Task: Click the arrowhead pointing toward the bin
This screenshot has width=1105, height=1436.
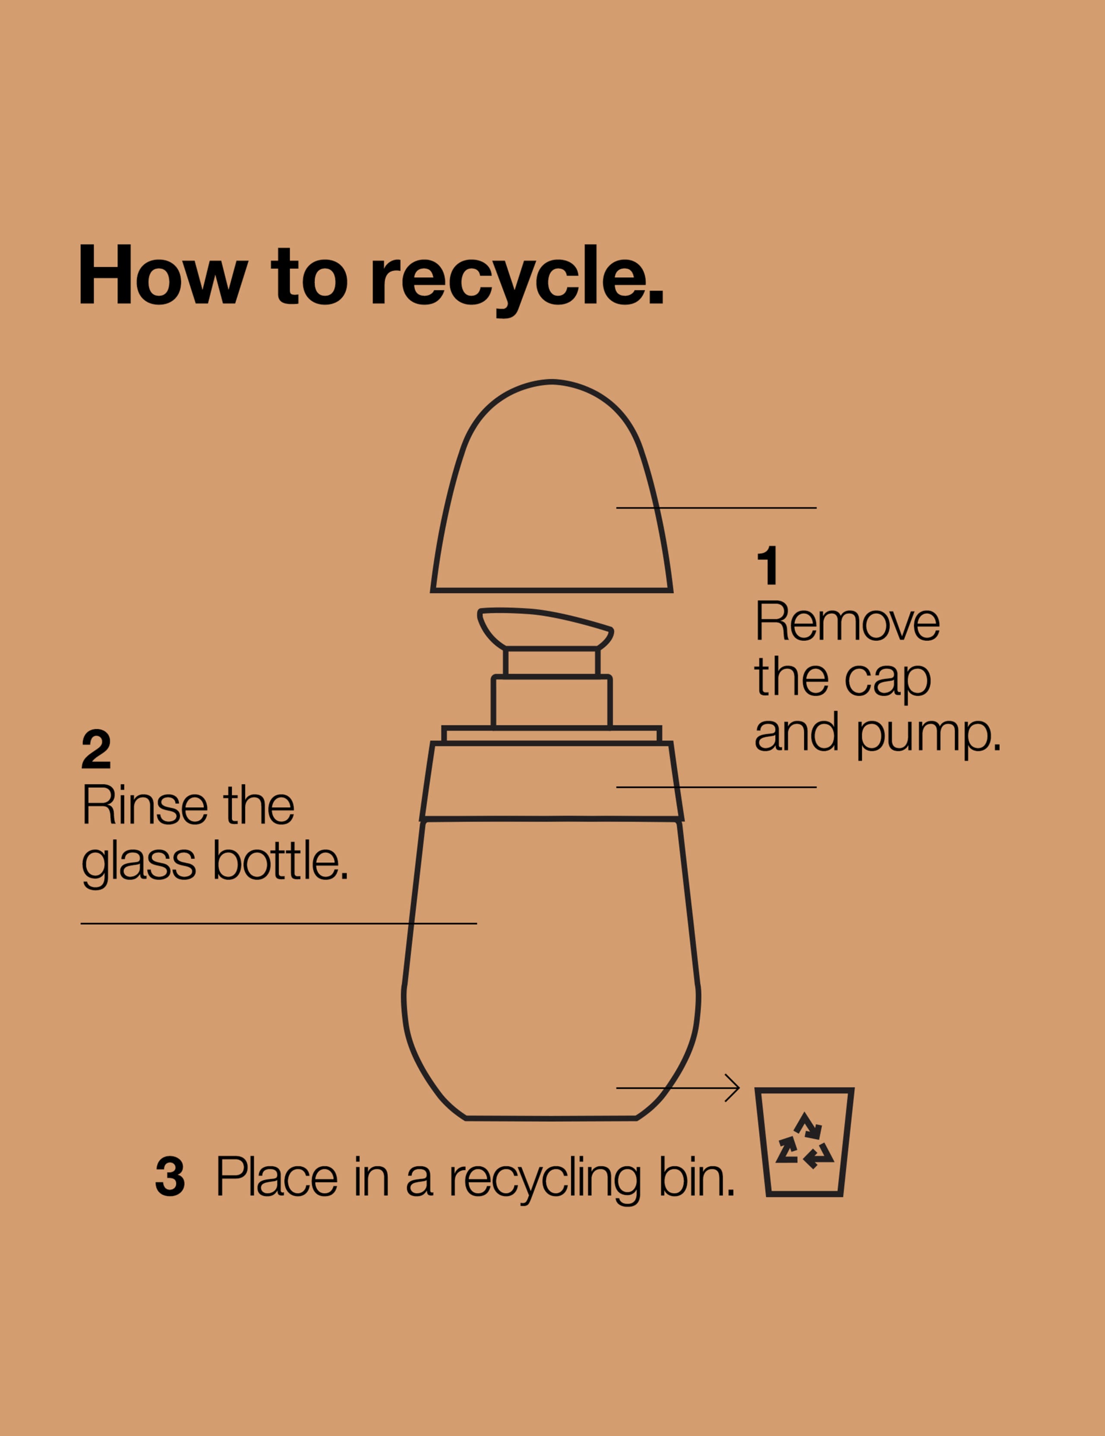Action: point(733,1088)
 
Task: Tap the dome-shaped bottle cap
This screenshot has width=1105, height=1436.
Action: point(552,487)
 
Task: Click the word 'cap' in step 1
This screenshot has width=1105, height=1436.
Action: point(888,679)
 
